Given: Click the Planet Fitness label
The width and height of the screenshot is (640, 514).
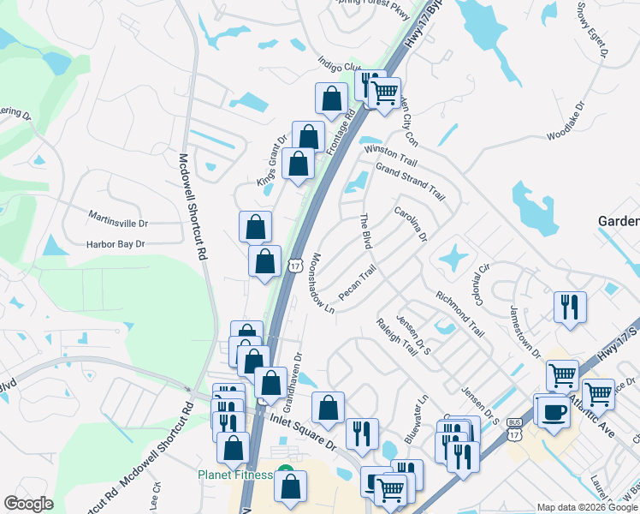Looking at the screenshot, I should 234,475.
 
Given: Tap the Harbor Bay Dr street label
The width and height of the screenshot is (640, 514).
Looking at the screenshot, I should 116,244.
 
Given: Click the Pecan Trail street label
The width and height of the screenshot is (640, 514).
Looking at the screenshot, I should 357,283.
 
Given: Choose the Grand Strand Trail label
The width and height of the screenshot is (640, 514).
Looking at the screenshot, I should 411,181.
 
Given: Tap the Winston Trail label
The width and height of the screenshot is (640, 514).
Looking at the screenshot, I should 390,154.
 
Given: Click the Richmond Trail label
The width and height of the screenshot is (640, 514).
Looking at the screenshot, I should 460,312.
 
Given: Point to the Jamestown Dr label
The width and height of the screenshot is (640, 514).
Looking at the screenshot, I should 525,331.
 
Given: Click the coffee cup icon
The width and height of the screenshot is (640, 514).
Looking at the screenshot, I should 552,411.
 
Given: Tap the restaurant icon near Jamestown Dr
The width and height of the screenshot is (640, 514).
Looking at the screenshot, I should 569,307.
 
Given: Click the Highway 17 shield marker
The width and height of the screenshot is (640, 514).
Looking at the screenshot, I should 294,266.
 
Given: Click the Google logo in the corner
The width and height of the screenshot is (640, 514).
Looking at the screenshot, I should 28,504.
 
